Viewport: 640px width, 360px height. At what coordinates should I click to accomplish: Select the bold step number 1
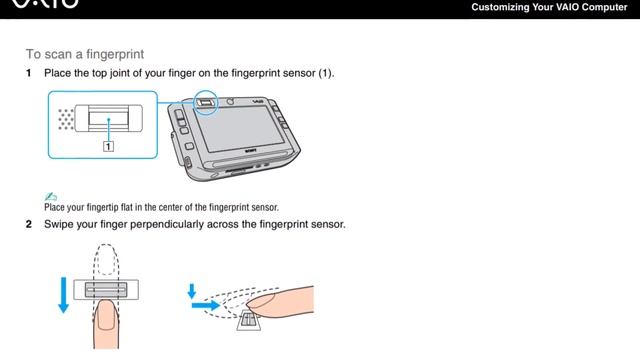[29, 74]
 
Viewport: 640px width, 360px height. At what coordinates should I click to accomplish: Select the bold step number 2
[29, 224]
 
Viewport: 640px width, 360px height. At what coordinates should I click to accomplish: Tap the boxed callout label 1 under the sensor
[107, 144]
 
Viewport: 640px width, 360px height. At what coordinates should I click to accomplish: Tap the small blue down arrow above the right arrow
[191, 290]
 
